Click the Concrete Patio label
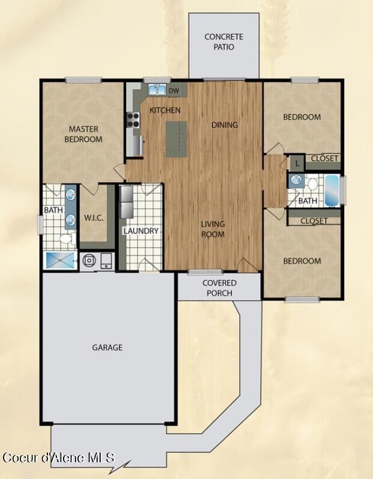tap(223, 41)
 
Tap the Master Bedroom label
tap(83, 134)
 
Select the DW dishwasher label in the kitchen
tap(174, 91)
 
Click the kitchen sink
tap(157, 90)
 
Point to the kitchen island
tap(176, 139)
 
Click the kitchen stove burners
tap(133, 120)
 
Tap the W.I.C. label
tap(94, 218)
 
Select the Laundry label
tap(141, 231)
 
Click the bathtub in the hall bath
tap(332, 190)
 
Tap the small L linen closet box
tap(297, 162)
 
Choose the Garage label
tap(107, 347)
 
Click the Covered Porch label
tap(219, 288)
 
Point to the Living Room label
tap(213, 229)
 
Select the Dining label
tap(225, 125)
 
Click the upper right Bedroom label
tap(302, 117)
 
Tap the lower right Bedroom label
tap(302, 261)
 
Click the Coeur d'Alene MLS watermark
tap(58, 458)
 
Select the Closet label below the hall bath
tap(314, 221)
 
